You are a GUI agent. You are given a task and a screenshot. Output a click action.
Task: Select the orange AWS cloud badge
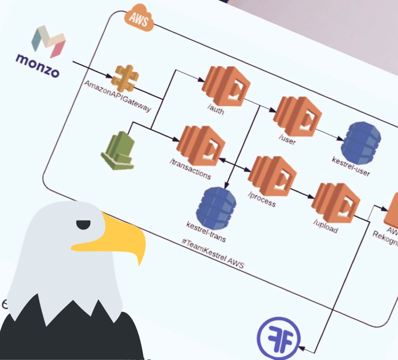click(x=139, y=19)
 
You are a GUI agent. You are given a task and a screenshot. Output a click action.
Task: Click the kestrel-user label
click(x=351, y=166)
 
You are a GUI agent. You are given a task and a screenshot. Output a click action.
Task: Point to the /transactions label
click(x=190, y=169)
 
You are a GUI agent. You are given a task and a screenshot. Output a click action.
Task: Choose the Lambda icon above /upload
click(x=335, y=203)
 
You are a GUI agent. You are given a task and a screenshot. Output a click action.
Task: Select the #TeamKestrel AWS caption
click(x=212, y=253)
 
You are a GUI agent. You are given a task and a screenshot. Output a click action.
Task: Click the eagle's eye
click(x=83, y=225)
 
